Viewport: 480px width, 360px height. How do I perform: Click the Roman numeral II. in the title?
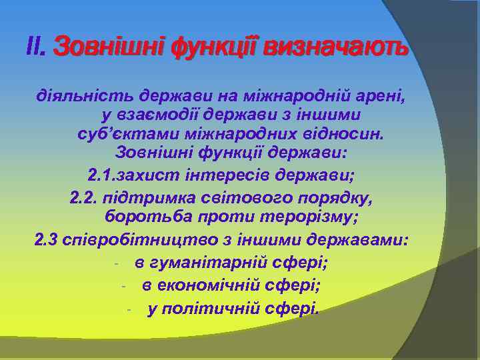(35, 48)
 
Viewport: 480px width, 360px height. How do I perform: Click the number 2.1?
(101, 177)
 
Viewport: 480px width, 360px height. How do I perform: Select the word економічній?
(208, 285)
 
